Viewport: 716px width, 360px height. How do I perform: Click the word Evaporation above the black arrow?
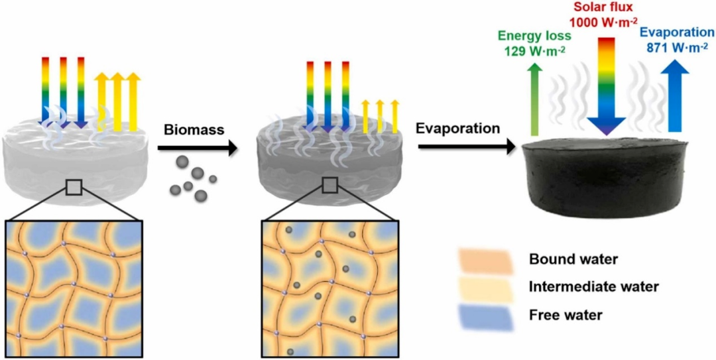point(457,129)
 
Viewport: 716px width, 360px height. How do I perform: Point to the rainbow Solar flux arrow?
point(607,86)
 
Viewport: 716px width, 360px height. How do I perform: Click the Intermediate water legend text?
point(593,287)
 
